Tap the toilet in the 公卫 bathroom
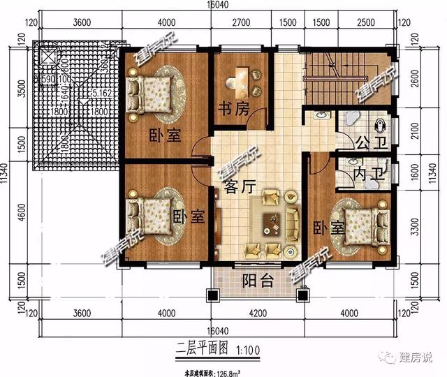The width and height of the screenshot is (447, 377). (x=380, y=126)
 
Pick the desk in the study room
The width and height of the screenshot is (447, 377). (x=240, y=77)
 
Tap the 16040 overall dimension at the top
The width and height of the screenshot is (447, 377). (x=223, y=7)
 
